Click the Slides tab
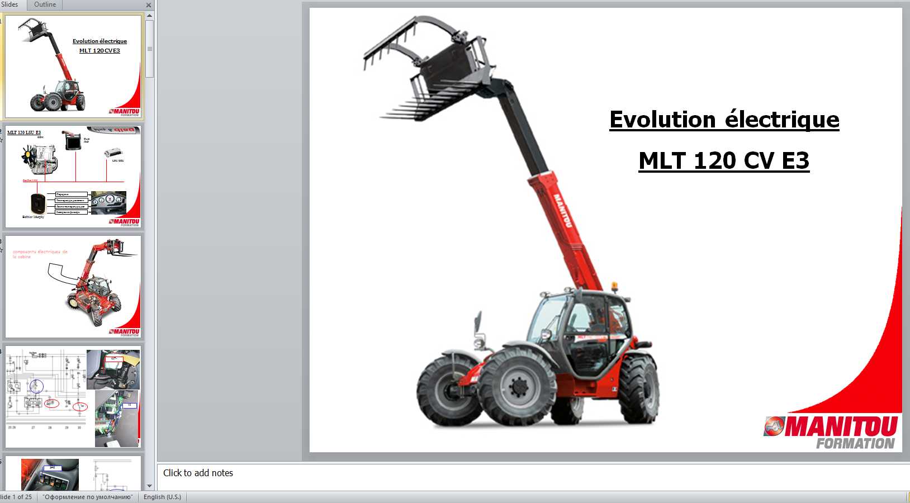tap(10, 4)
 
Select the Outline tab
tap(45, 4)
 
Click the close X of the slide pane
tap(149, 5)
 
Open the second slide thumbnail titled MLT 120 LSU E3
tap(73, 176)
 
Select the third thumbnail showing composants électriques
tap(73, 286)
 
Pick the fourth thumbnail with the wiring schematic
tap(73, 396)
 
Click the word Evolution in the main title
tap(662, 120)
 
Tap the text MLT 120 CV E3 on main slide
tap(724, 161)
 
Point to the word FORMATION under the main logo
tap(855, 444)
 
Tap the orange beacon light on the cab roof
tap(614, 286)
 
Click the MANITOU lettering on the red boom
tap(562, 210)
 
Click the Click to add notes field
tap(198, 473)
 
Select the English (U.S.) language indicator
tap(162, 497)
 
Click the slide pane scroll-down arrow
tap(149, 486)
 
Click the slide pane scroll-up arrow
tap(149, 16)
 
